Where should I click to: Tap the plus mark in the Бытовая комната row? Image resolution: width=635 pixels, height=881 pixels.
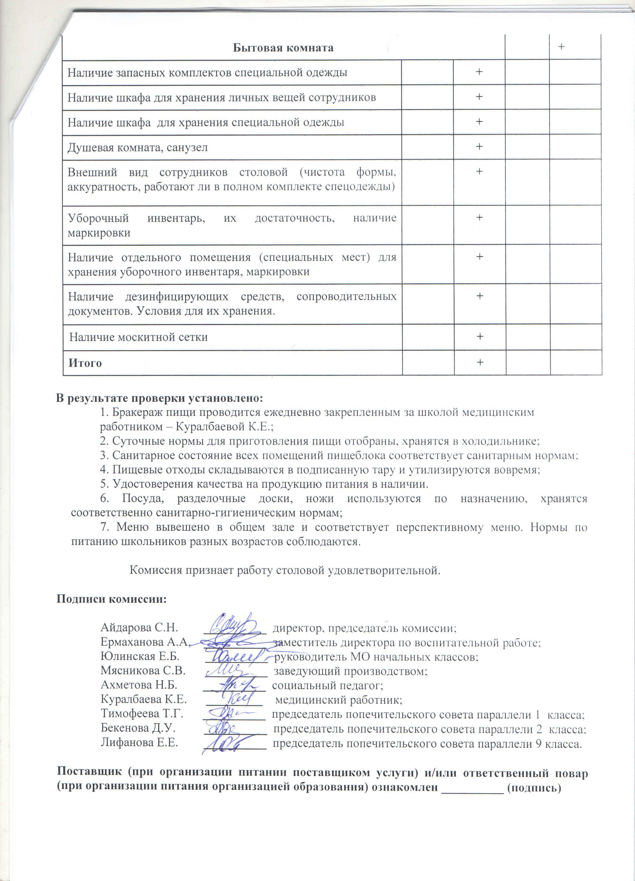(x=561, y=47)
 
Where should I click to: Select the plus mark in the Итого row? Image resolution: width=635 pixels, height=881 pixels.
(x=480, y=362)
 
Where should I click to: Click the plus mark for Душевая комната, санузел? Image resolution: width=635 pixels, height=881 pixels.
(x=479, y=146)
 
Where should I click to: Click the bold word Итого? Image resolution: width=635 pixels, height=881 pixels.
(x=85, y=363)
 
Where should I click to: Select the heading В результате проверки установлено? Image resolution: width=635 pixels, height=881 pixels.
(x=160, y=398)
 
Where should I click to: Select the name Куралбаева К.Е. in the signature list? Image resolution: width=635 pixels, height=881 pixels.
(x=144, y=699)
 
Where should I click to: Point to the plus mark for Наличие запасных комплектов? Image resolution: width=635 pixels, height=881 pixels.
(x=479, y=72)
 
